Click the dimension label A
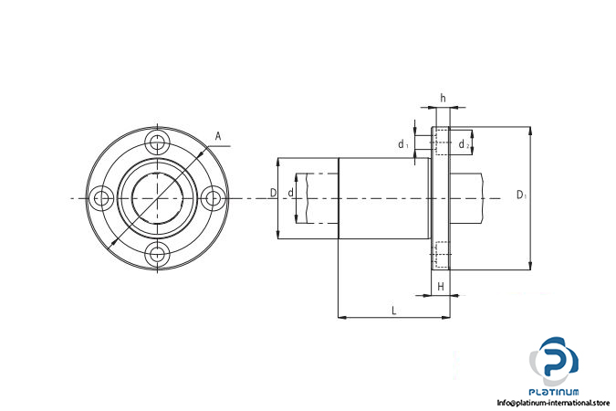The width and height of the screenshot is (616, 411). tap(218, 136)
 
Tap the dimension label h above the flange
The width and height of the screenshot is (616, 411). tap(444, 98)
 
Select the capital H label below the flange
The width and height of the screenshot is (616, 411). tap(441, 287)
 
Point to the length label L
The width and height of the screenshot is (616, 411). tap(394, 311)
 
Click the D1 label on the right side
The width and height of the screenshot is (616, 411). tap(521, 195)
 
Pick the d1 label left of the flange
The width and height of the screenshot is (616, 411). tap(403, 144)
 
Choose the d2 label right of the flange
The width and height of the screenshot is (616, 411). tap(464, 144)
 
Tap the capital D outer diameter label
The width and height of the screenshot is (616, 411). tap(273, 193)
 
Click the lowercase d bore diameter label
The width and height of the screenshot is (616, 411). tap(291, 193)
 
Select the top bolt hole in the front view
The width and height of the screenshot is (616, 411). tap(158, 142)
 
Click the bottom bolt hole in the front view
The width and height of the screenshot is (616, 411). tap(158, 255)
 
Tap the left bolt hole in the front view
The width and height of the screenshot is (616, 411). tap(101, 198)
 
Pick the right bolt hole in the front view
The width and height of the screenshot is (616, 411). tap(214, 198)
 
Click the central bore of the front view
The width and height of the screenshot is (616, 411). tap(158, 198)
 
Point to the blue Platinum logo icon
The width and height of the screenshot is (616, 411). tap(554, 361)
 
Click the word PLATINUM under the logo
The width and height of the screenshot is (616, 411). tap(554, 392)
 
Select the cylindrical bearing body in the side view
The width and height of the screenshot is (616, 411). tap(384, 198)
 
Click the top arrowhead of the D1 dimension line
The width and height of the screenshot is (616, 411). tap(530, 131)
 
